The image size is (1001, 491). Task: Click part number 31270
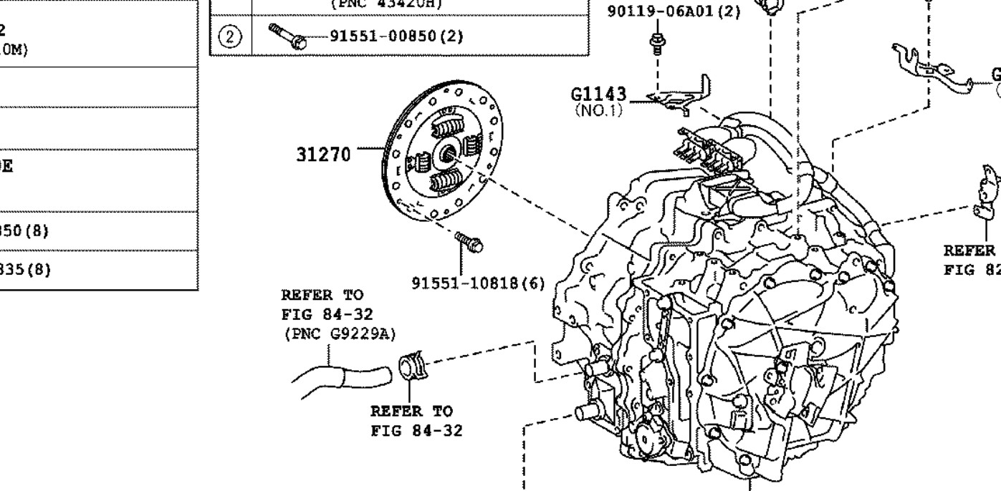pyautogui.click(x=324, y=154)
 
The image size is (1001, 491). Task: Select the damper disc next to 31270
pyautogui.click(x=441, y=151)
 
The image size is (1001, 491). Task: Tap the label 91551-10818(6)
pyautogui.click(x=478, y=283)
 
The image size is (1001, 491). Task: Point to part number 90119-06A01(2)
pyautogui.click(x=673, y=12)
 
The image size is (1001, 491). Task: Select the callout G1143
pyautogui.click(x=598, y=94)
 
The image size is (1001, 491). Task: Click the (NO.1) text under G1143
pyautogui.click(x=599, y=111)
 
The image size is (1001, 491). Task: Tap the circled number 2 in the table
pyautogui.click(x=230, y=37)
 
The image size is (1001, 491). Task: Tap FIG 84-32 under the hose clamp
pyautogui.click(x=416, y=430)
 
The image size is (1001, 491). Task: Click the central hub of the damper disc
pyautogui.click(x=449, y=152)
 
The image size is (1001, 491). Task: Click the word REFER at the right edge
pyautogui.click(x=969, y=251)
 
